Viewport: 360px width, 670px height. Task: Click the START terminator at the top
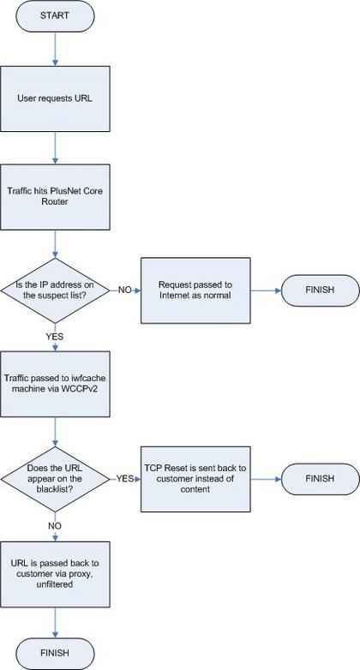[x=55, y=16]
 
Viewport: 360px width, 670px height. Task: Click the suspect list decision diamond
[x=55, y=290]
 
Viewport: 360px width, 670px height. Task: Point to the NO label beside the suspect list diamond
[x=125, y=290]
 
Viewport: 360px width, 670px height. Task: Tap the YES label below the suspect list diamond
[x=55, y=336]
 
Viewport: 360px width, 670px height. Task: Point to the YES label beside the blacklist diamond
[x=125, y=478]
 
